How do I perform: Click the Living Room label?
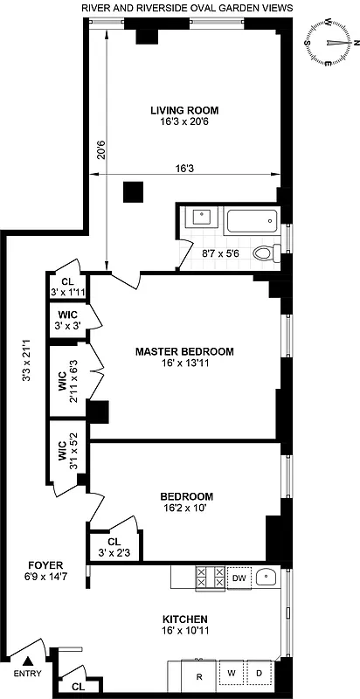pos(183,110)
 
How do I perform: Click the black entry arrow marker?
pos(26,662)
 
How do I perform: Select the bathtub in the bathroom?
pos(251,221)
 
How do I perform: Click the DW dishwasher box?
pos(239,578)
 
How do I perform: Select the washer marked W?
pos(232,674)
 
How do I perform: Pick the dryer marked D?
pos(260,674)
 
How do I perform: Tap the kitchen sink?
pos(268,578)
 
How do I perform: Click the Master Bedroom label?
pos(184,351)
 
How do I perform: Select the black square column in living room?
pos(134,192)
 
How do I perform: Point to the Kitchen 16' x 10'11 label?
pos(184,623)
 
